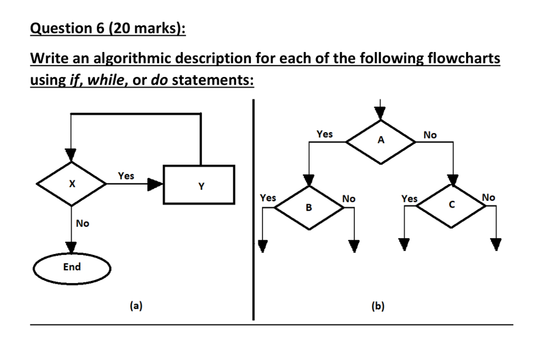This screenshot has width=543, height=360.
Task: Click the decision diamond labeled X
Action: [x=72, y=183]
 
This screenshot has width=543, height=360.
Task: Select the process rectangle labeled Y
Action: [x=199, y=185]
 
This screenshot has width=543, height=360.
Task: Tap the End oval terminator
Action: [x=72, y=268]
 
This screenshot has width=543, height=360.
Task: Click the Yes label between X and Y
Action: [x=126, y=175]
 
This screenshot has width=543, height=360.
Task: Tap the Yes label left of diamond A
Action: [x=325, y=134]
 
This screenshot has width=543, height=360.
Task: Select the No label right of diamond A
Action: [x=430, y=135]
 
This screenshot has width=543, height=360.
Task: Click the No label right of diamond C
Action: [x=488, y=197]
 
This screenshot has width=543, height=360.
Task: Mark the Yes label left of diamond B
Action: [x=268, y=198]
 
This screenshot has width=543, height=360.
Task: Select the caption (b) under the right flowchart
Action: [x=378, y=306]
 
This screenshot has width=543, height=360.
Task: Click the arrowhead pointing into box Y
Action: [x=155, y=184]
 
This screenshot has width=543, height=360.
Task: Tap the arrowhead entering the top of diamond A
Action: [x=380, y=113]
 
